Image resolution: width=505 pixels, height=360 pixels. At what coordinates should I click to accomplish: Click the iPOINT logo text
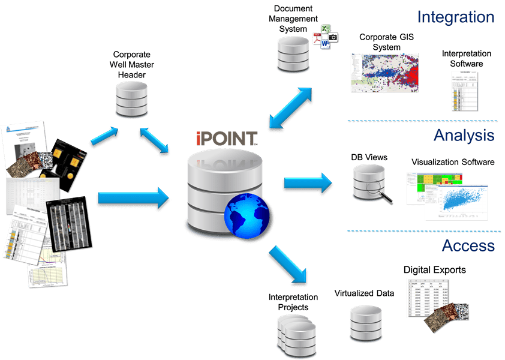(226, 139)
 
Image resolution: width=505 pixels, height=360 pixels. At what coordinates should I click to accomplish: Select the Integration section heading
(456, 16)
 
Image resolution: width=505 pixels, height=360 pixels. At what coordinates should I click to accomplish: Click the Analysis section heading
(464, 135)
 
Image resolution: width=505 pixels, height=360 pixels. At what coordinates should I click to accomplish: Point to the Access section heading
(468, 245)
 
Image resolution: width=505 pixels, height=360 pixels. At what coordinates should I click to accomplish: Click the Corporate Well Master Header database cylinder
(131, 99)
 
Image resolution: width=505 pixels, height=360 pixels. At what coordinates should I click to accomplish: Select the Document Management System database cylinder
(293, 52)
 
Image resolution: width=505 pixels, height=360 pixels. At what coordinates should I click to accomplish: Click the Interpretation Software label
(466, 58)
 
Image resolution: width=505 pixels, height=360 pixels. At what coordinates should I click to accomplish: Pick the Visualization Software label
(452, 162)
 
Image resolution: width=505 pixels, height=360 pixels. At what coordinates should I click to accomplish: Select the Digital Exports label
(434, 270)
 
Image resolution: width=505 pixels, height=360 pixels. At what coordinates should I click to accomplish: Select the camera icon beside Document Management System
(332, 37)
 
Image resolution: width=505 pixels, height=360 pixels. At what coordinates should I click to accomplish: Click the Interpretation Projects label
(288, 302)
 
